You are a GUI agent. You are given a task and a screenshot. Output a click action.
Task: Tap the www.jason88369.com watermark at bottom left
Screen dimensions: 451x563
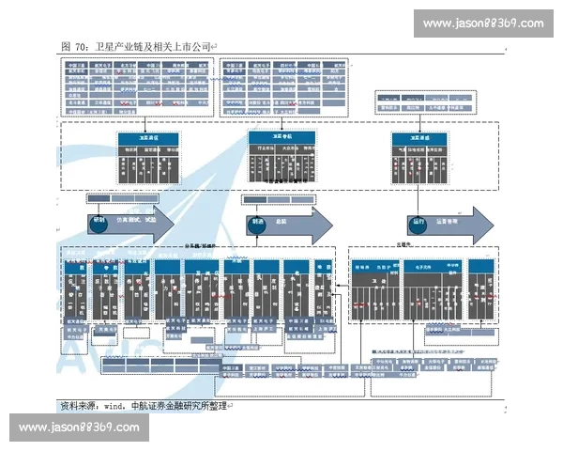click(79, 428)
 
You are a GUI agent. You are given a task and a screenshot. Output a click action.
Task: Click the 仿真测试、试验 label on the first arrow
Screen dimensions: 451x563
click(135, 223)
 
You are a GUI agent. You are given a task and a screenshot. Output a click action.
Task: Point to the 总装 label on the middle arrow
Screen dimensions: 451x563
click(281, 223)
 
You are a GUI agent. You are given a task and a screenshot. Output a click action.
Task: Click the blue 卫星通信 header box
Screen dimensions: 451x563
click(145, 137)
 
